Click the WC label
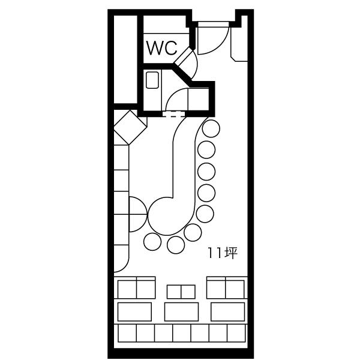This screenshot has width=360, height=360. click(x=162, y=48)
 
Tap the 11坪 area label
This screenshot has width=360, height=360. click(x=223, y=253)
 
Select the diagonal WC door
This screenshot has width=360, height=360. click(x=183, y=57)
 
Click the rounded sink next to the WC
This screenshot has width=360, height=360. click(x=152, y=80)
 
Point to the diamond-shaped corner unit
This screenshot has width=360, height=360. click(x=130, y=127)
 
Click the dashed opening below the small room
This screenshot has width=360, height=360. click(x=173, y=114)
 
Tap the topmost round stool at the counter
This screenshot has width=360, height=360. click(x=211, y=128)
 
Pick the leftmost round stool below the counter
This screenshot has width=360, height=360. click(x=152, y=242)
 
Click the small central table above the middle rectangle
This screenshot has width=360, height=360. click(x=181, y=292)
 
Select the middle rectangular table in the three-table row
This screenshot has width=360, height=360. click(x=181, y=312)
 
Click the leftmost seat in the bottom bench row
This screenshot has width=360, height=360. click(x=127, y=333)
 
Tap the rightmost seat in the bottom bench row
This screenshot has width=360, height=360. click(x=236, y=333)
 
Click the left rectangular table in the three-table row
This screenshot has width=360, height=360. click(x=134, y=312)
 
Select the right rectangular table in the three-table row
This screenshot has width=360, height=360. click(x=228, y=312)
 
